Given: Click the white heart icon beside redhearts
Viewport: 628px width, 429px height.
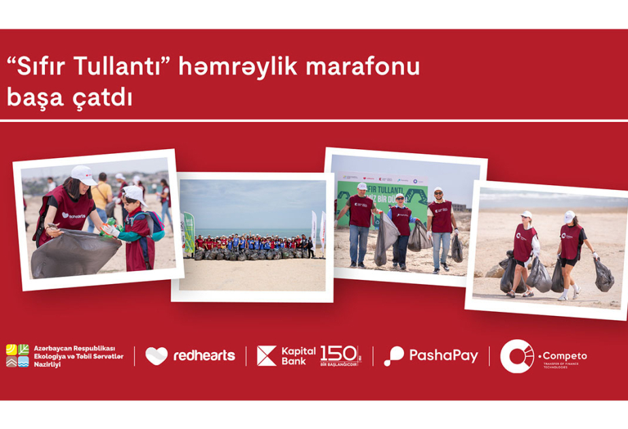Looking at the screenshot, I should pos(156,355).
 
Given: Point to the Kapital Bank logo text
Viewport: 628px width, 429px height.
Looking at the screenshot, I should pos(298,355).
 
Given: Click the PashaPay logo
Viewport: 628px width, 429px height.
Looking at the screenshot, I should pos(431,355).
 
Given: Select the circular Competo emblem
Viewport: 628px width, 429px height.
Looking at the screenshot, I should pos(516,355).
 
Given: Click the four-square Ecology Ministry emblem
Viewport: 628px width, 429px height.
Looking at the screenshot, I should pos(17,355).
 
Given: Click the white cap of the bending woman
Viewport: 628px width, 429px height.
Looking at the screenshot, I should pos(83,174).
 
